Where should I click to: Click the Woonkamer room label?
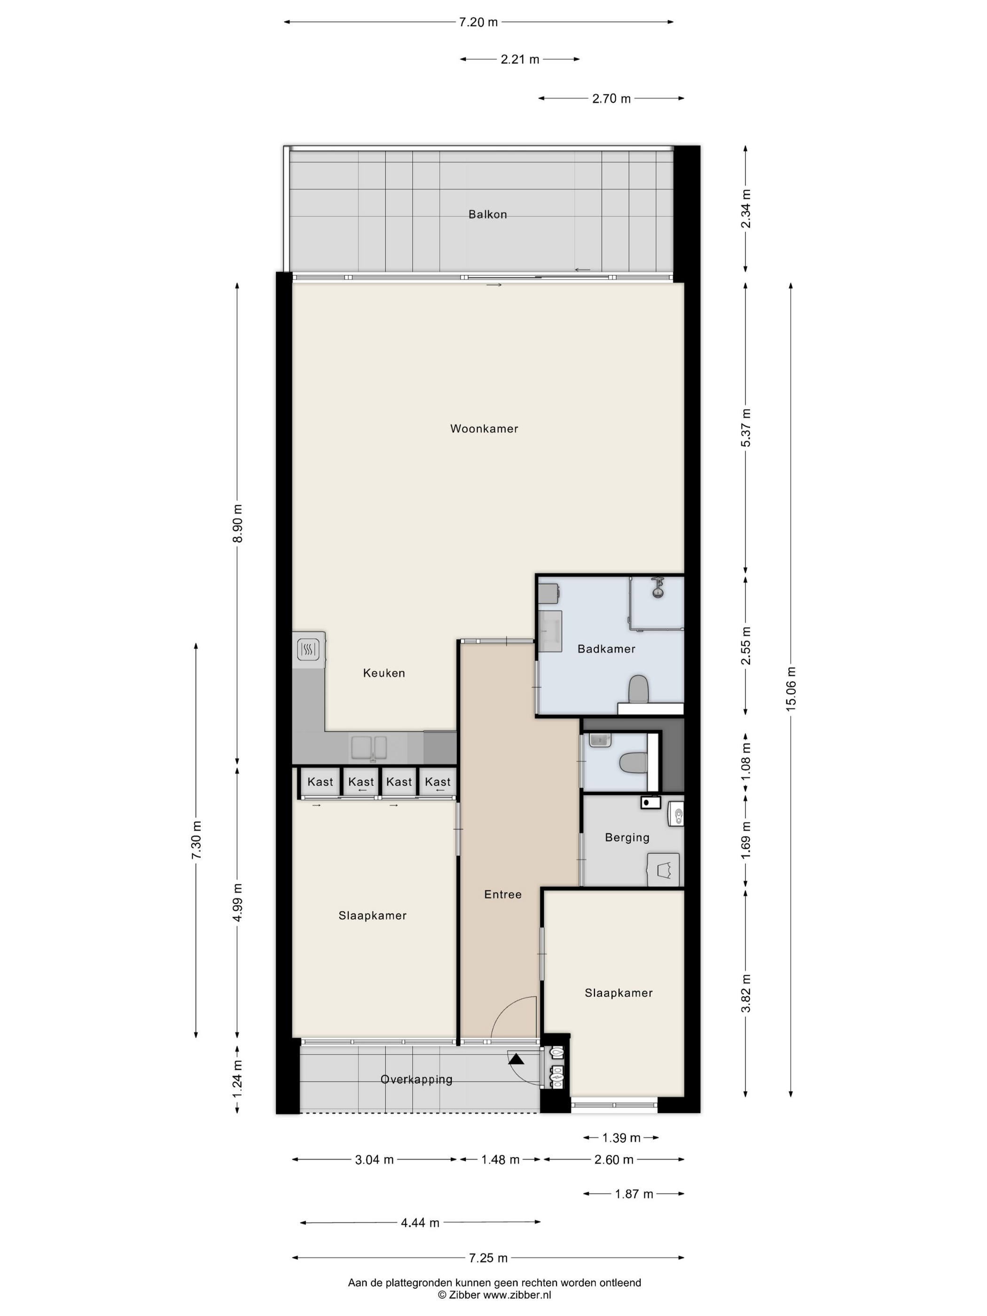(x=484, y=428)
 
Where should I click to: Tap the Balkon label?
(x=487, y=214)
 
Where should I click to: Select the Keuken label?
(x=384, y=673)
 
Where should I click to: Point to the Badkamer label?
(x=606, y=649)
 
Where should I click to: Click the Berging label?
(x=627, y=838)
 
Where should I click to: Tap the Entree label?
(x=503, y=894)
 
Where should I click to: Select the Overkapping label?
(x=416, y=1079)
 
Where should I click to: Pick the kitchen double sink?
(x=369, y=748)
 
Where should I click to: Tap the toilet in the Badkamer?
(x=639, y=689)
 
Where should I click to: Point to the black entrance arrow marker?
(x=516, y=1058)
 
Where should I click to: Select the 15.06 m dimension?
(x=791, y=689)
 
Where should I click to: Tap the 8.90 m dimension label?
(x=237, y=524)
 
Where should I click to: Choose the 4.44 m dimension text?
(x=420, y=1222)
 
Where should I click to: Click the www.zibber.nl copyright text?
(x=517, y=1294)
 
